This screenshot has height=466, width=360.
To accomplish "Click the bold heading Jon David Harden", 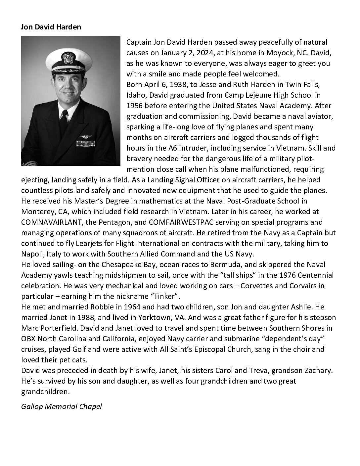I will pos(51,27).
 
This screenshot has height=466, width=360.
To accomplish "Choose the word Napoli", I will pos(31,254).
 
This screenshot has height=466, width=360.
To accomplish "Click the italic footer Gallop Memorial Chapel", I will pos(62,406).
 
